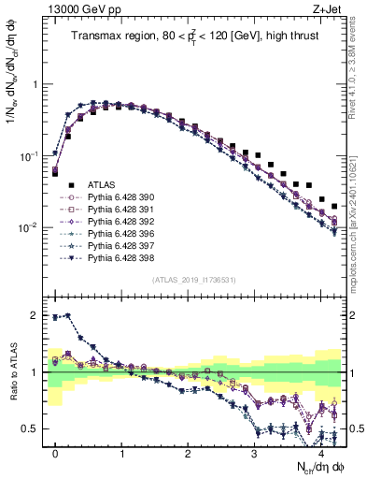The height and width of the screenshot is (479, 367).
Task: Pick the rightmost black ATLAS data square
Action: [x=334, y=205]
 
